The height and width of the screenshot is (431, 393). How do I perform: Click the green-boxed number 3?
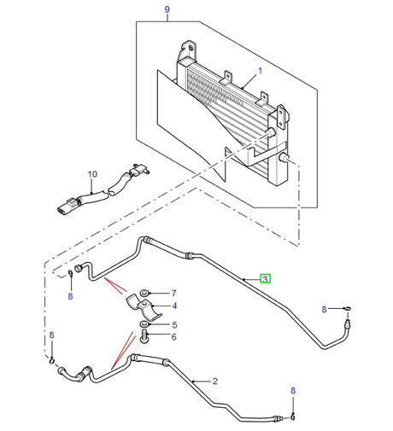click(266, 279)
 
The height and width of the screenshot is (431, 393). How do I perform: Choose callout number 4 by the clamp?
click(173, 306)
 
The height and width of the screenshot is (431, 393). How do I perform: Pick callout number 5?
click(173, 324)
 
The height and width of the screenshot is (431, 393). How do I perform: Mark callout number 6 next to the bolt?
click(173, 336)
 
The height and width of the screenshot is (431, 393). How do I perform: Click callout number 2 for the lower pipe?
click(214, 381)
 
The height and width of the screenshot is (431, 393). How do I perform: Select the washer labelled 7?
click(146, 293)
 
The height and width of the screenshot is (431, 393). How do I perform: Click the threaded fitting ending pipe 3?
click(346, 323)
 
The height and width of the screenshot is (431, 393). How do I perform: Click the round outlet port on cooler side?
click(282, 159)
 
